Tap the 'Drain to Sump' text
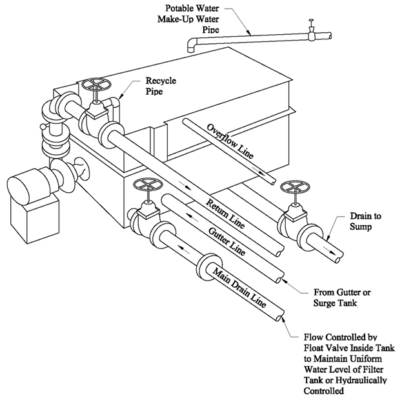point(368,221)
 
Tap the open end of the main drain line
point(279,319)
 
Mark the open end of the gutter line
point(279,279)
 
